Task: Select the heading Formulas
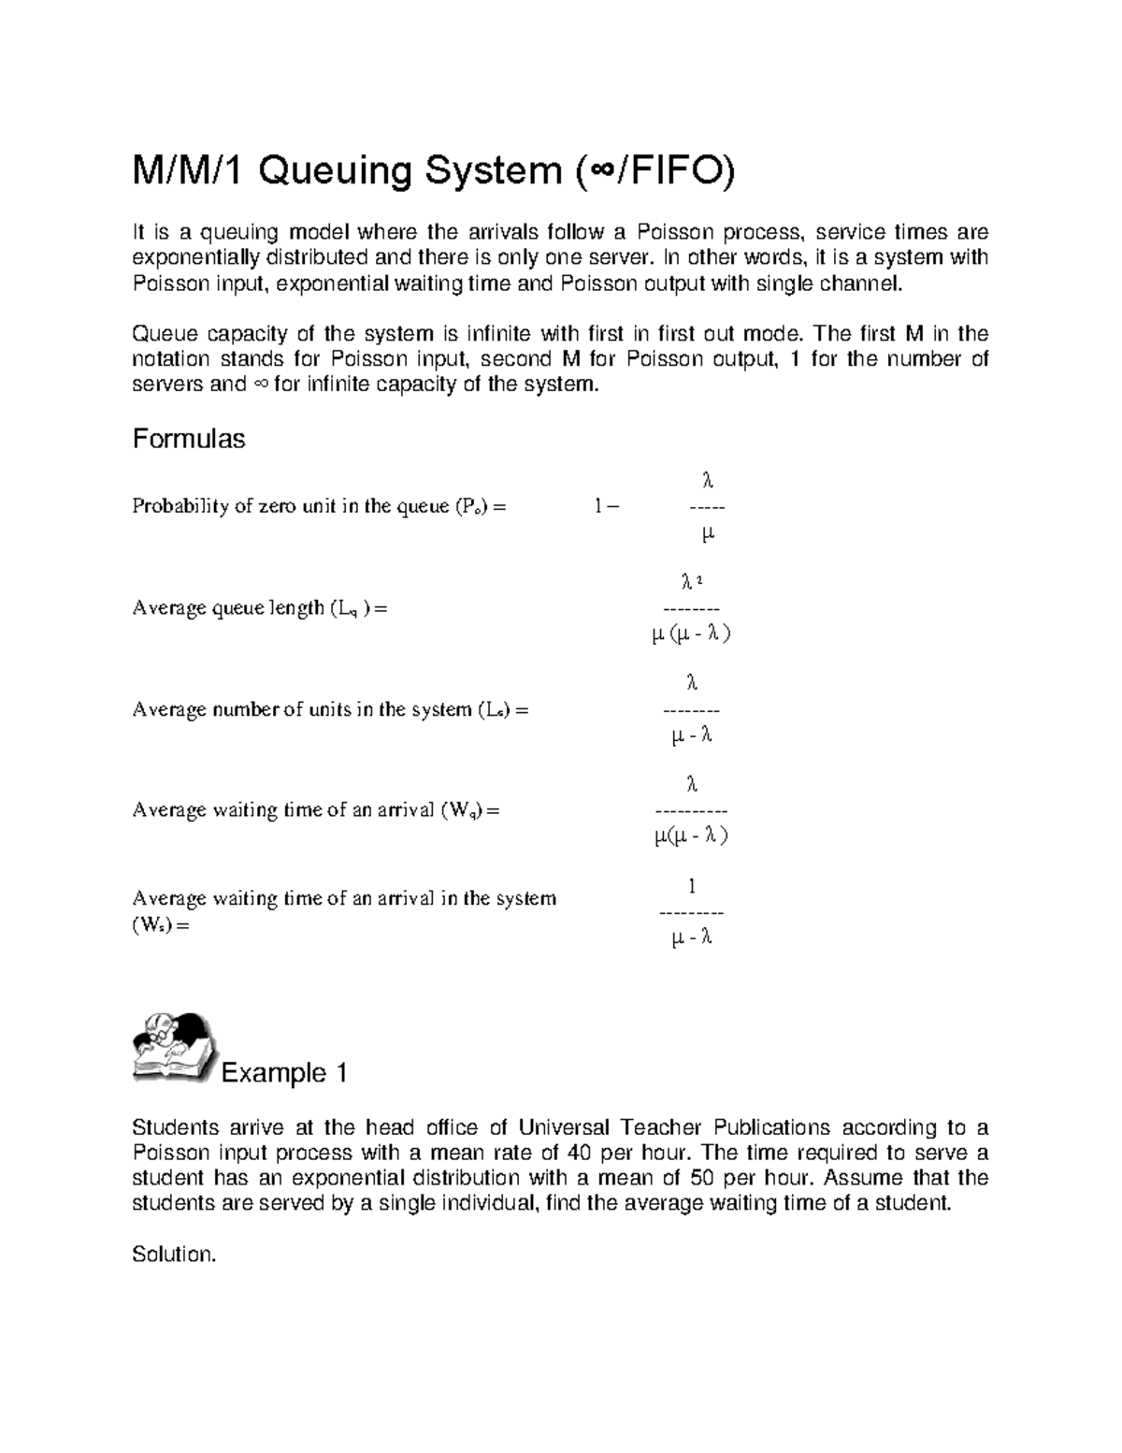(189, 439)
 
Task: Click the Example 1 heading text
(284, 1073)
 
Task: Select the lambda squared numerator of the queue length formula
(691, 582)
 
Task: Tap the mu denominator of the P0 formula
(707, 534)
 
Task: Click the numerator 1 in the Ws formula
(692, 885)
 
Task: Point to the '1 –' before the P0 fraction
(606, 507)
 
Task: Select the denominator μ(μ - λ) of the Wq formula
(691, 836)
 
